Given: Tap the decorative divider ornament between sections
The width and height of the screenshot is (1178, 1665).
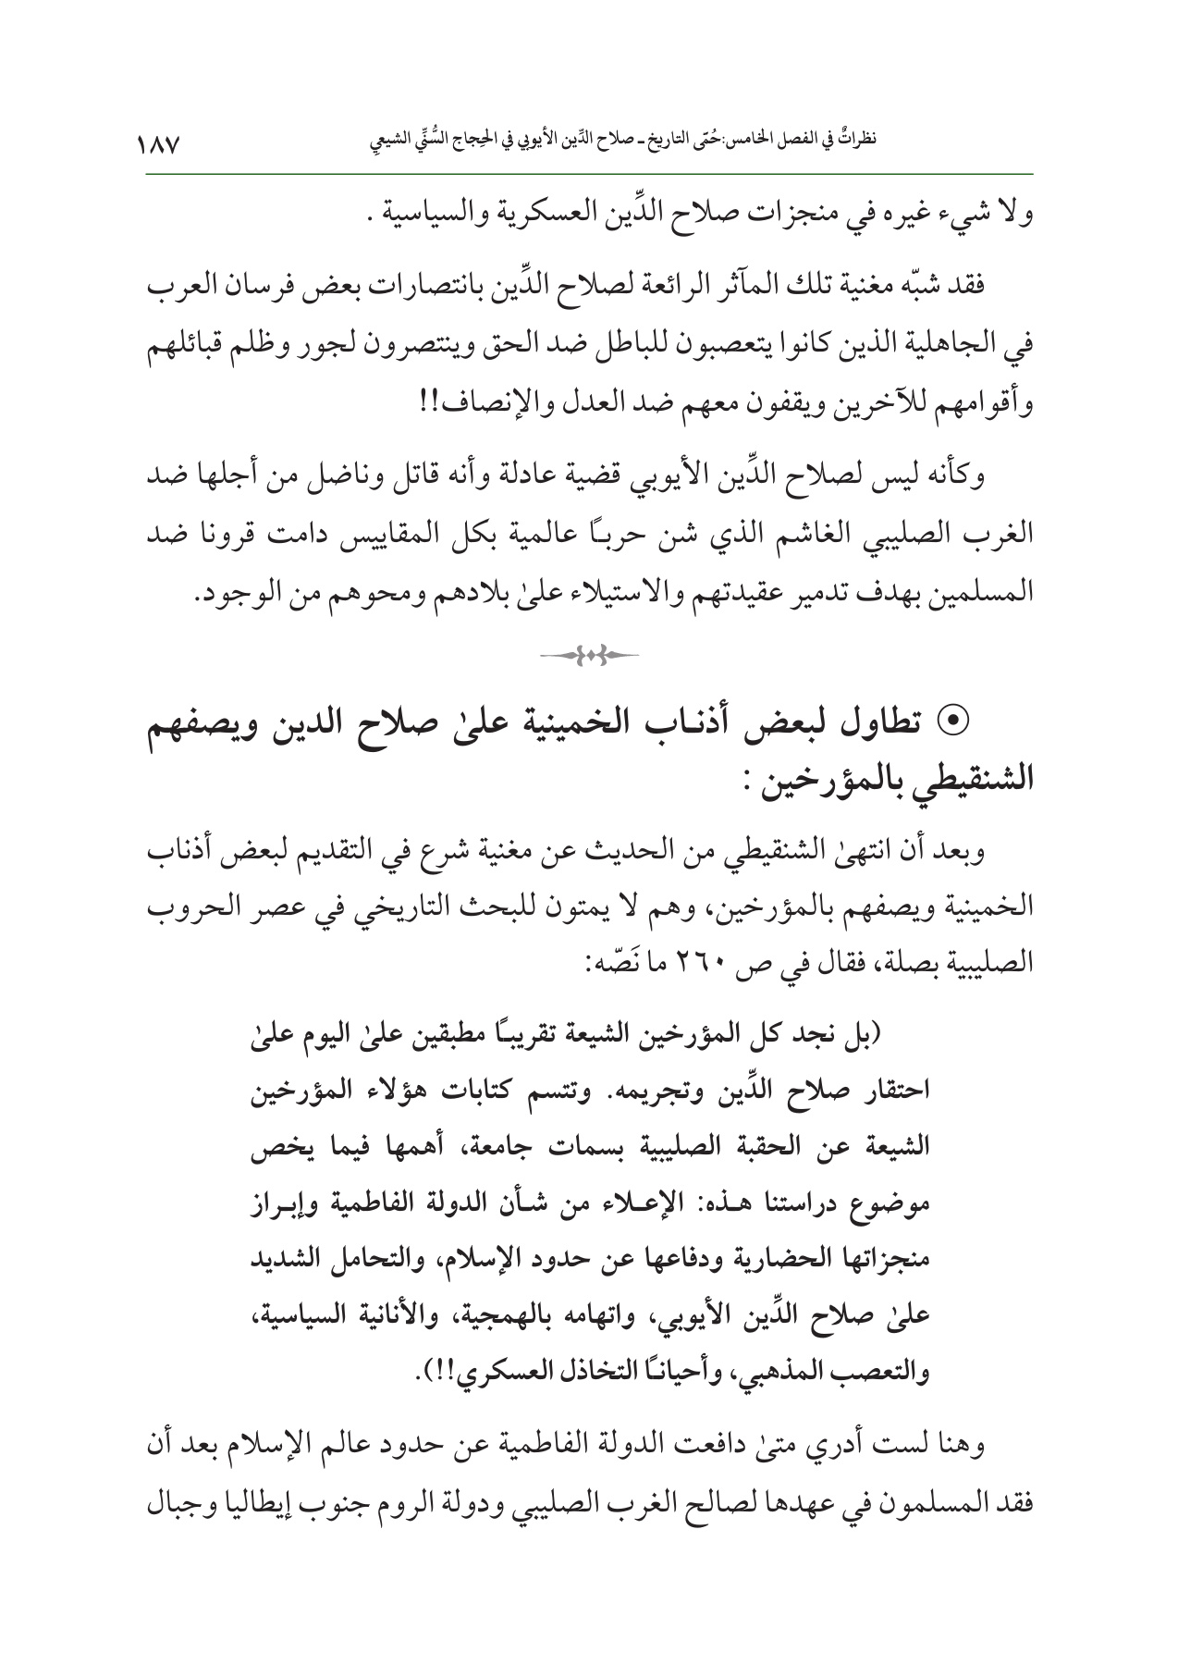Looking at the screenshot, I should click(x=590, y=655).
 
